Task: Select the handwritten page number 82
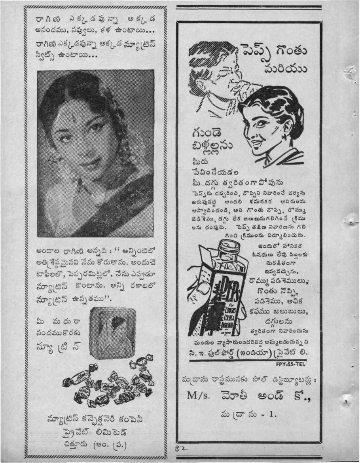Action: click(x=180, y=449)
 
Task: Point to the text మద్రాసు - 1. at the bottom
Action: click(x=249, y=414)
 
